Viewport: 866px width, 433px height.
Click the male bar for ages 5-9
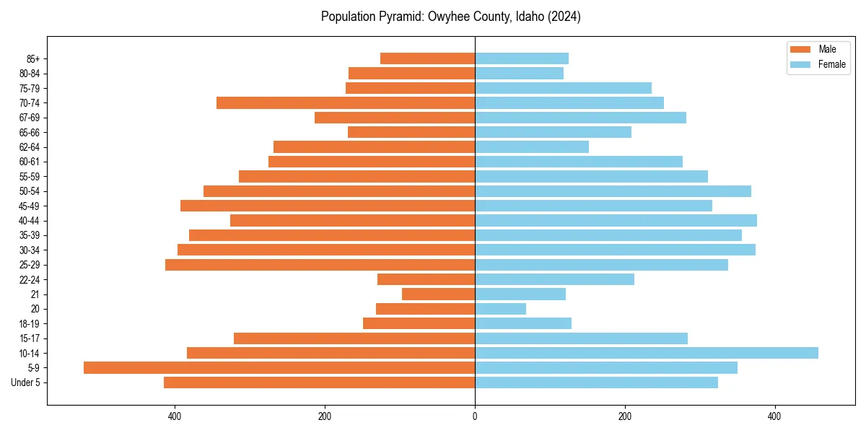pos(279,367)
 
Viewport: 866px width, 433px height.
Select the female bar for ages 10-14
pos(647,353)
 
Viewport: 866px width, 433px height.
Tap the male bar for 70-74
pos(346,102)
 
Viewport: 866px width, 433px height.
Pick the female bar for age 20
pos(500,309)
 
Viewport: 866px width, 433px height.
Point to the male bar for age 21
pos(438,294)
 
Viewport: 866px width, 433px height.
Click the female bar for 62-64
pos(532,146)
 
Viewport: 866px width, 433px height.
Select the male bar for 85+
pos(427,58)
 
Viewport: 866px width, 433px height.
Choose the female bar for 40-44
pos(616,220)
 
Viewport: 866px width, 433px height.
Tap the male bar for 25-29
pos(320,265)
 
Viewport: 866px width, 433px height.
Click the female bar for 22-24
pos(554,279)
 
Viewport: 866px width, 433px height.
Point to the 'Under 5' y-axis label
pos(26,382)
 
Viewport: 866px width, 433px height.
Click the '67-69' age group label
pos(30,118)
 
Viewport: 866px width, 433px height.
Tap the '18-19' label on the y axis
pos(30,323)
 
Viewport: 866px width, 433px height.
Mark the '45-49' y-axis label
pos(30,206)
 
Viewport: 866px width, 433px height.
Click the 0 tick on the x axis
pos(475,416)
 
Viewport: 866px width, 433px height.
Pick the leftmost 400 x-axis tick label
pos(175,416)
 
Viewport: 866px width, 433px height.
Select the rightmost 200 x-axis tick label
pos(625,416)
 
